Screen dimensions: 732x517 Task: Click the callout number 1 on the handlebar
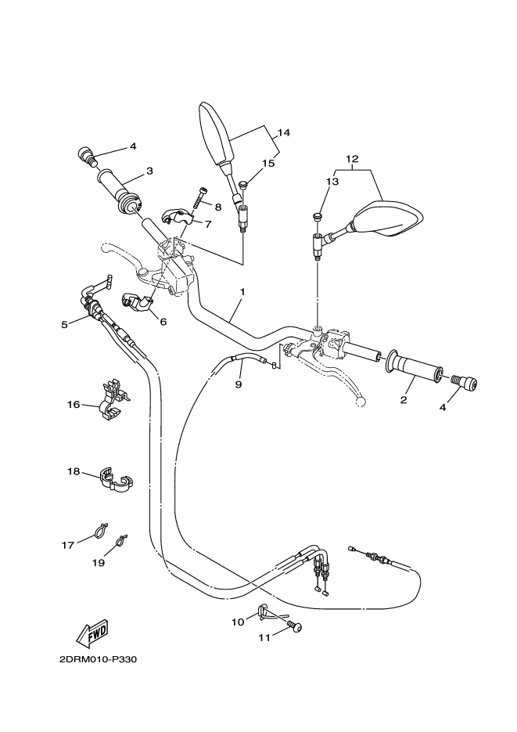[242, 292]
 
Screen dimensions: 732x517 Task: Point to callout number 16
[73, 405]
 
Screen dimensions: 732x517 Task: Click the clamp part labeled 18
[115, 481]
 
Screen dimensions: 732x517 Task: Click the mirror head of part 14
[216, 134]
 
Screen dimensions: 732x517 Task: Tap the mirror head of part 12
[389, 218]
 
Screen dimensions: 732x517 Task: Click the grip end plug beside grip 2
[467, 383]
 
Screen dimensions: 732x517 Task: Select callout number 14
[283, 133]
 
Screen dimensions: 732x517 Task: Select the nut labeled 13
[316, 215]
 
